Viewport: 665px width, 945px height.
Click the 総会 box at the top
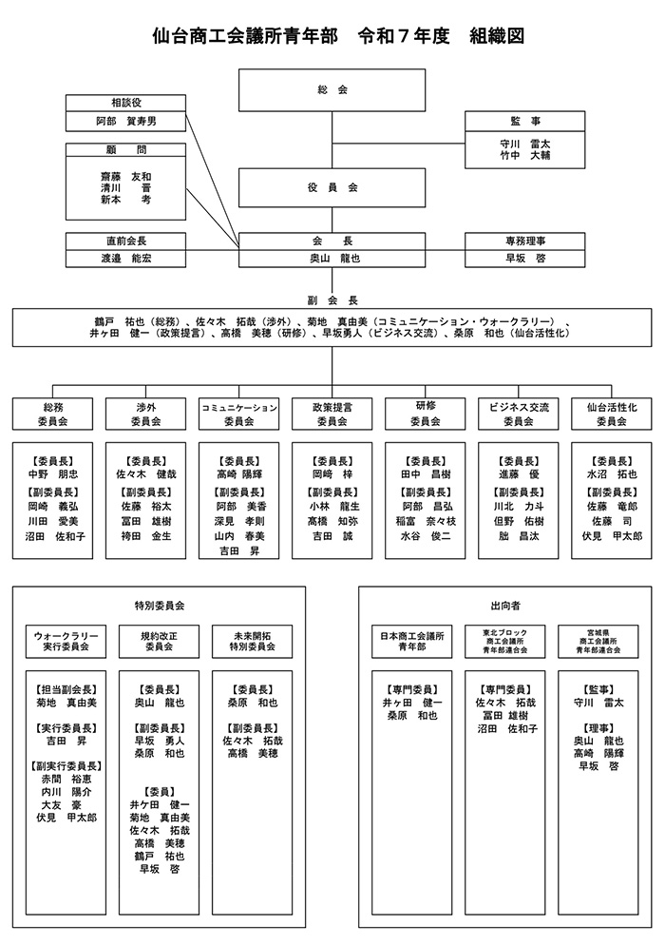coord(332,90)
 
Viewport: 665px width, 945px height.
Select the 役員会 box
coord(332,188)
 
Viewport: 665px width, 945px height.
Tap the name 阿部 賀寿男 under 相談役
coord(126,121)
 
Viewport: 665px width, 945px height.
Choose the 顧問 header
coord(126,149)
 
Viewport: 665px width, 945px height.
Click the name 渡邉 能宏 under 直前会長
coord(126,258)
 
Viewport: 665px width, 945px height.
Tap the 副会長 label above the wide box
coord(332,297)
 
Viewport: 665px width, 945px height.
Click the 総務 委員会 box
coord(53,414)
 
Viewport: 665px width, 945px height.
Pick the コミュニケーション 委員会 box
coord(238,414)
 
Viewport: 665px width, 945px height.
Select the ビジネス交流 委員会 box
coord(518,414)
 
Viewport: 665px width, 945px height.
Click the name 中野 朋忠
coord(53,472)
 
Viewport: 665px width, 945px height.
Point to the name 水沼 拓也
coord(611,472)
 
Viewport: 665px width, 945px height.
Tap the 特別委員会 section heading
coord(159,605)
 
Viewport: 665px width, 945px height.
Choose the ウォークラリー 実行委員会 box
coord(66,640)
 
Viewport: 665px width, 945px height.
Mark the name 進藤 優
coord(518,472)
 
